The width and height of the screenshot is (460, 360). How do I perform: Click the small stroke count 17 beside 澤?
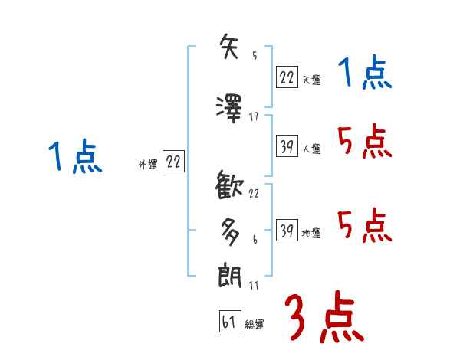point(254,116)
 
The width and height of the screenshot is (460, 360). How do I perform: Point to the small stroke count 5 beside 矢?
point(254,56)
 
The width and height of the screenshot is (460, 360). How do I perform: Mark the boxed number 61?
point(229,321)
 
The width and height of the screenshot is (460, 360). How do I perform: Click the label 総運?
point(255,325)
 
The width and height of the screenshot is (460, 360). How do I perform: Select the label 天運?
point(311,79)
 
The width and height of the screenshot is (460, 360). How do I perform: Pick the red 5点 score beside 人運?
point(364,142)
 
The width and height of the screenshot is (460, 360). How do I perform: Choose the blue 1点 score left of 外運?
point(74,157)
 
